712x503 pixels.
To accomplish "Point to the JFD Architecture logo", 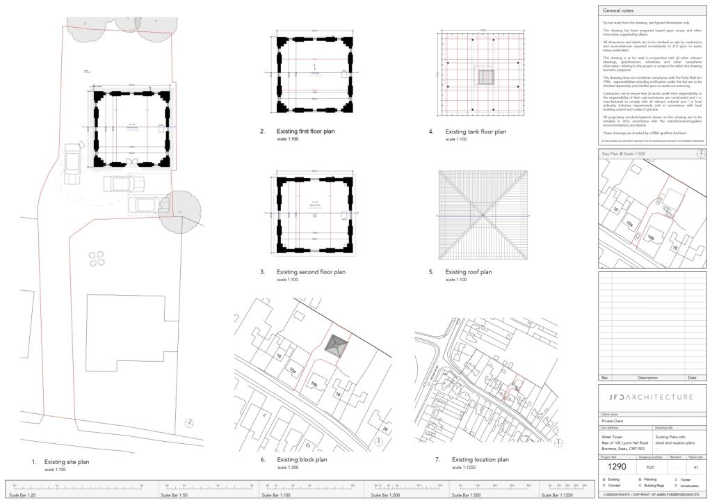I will point(652,397).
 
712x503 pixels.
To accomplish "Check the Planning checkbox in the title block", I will point(640,479).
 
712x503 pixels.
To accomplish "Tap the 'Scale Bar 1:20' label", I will point(24,495).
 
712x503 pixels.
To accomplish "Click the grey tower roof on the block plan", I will point(337,346).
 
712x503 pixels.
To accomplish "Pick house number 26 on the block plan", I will point(385,429).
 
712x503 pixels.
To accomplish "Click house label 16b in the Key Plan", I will point(651,238).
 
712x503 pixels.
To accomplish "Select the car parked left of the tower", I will point(72,161).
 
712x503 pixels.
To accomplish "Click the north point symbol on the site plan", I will point(190,423).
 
